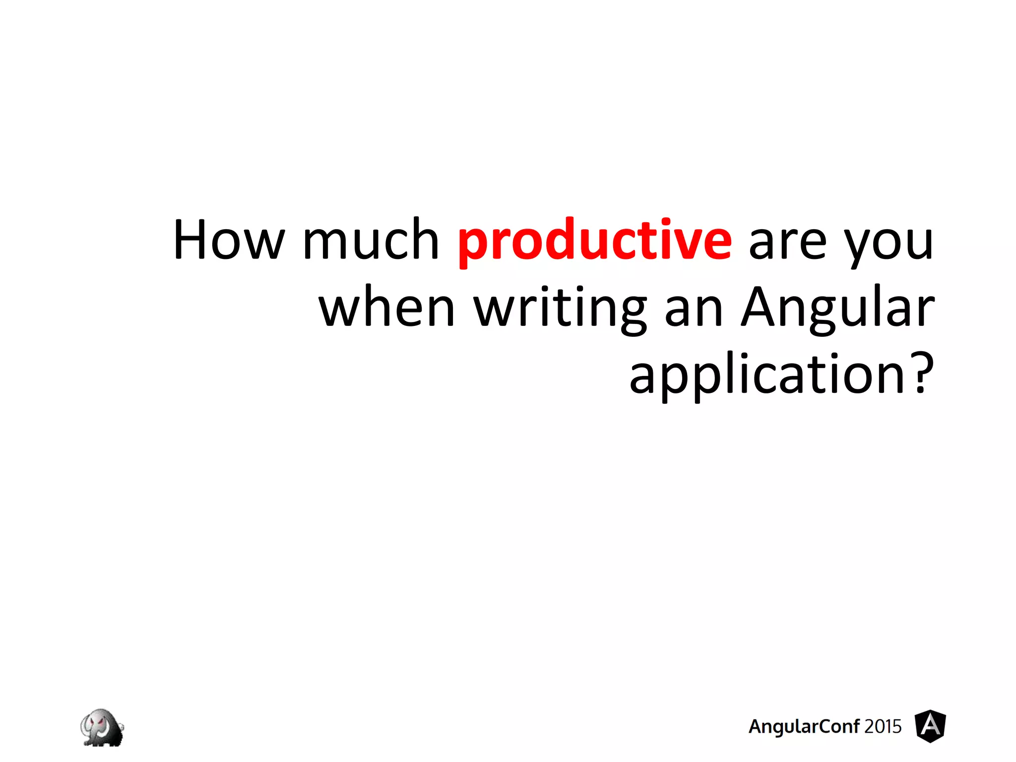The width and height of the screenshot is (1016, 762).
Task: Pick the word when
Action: click(387, 308)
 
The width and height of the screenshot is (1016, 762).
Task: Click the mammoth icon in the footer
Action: click(102, 727)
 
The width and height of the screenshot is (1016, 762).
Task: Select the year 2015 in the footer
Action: click(883, 726)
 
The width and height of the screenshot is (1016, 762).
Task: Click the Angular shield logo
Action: click(930, 726)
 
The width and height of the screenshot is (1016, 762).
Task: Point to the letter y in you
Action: click(857, 246)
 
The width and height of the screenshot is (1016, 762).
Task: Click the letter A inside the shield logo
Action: click(930, 726)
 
